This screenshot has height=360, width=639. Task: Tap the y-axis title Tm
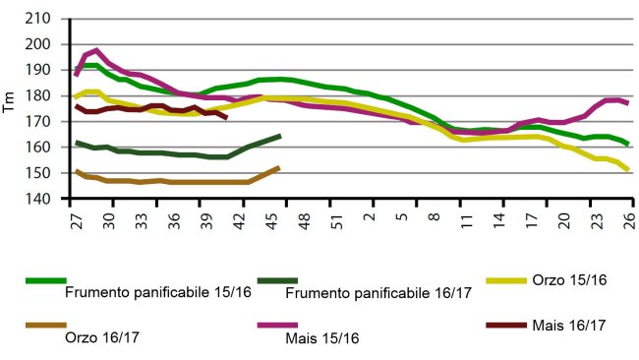pos(10,108)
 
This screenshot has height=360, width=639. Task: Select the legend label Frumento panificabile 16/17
pos(377,291)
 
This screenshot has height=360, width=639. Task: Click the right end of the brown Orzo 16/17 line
pos(279,167)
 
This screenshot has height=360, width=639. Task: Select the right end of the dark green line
pos(280,136)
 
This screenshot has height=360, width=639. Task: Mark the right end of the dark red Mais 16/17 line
pos(227,118)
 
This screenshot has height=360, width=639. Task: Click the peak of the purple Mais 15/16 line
pos(96,50)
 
